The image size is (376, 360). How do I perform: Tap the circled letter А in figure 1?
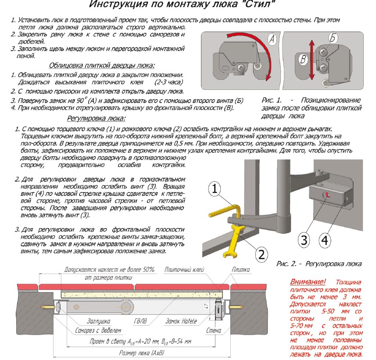(272, 39)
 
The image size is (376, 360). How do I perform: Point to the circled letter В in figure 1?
(302, 59)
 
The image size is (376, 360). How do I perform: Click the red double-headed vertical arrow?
(312, 59)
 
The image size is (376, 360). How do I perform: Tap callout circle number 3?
(304, 240)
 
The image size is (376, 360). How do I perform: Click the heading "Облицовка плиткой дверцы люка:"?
(102, 66)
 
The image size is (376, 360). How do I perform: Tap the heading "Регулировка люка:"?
(96, 118)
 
